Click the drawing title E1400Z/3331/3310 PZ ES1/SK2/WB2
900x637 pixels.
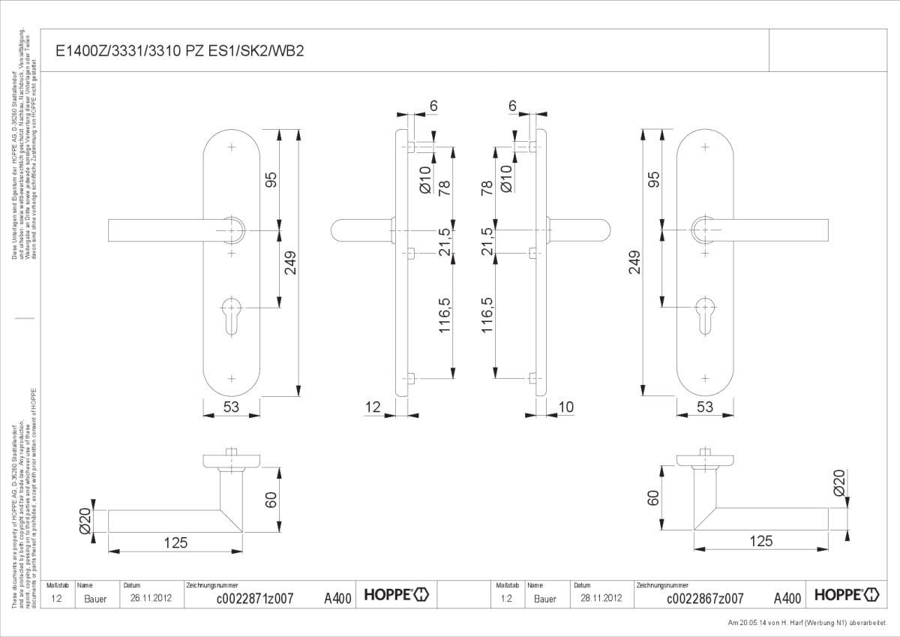(180, 51)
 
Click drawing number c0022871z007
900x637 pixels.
(254, 598)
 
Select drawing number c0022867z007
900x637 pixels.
(704, 598)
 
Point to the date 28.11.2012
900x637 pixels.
(601, 598)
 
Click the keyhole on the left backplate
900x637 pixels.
(232, 312)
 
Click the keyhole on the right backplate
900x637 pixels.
(704, 312)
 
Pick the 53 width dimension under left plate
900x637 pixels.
(231, 407)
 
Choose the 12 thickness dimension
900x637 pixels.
(373, 407)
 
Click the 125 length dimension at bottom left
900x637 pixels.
(175, 542)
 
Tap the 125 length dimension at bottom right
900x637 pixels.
(760, 541)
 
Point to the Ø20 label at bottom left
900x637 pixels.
(85, 520)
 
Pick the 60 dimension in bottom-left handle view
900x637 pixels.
(271, 498)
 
